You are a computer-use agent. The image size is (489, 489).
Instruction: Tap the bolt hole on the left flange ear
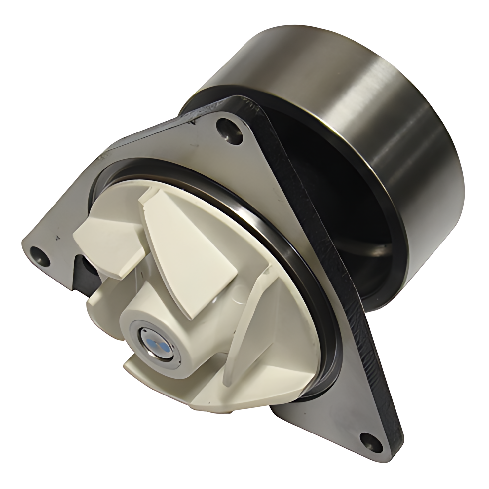click(39, 255)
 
